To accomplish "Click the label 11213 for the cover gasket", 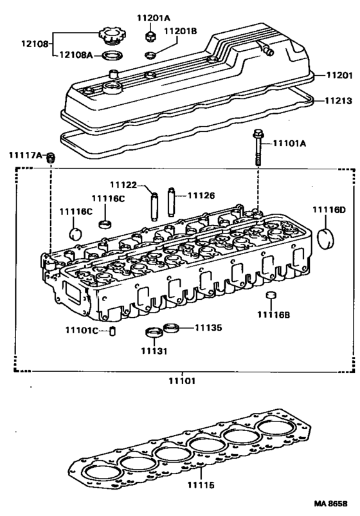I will (x=337, y=100).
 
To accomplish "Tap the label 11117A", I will (x=25, y=156).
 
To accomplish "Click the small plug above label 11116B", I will (x=271, y=297).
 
